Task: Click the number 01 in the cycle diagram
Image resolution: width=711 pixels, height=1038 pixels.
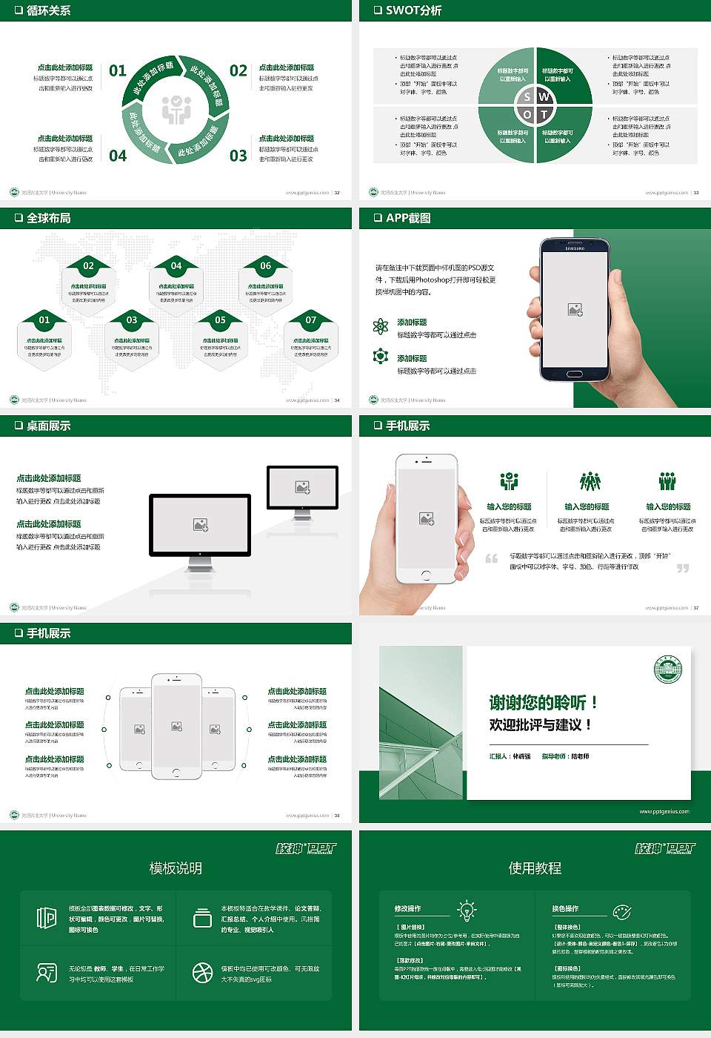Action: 118,71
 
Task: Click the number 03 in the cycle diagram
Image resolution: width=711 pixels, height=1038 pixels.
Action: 238,156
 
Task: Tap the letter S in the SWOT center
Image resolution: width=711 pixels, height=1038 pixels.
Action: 527,96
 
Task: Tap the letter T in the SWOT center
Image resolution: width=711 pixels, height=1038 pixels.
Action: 544,114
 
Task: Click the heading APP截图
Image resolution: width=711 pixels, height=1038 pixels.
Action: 407,218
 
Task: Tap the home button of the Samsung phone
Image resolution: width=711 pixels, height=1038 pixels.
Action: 575,374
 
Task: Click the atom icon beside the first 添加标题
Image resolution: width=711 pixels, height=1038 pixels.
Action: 381,326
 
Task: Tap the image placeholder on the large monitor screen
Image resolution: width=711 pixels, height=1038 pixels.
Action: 200,524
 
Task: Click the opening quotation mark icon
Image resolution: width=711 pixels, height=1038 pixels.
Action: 492,558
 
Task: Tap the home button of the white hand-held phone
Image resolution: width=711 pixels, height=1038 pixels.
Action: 426,575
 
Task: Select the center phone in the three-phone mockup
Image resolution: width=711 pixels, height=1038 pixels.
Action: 176,727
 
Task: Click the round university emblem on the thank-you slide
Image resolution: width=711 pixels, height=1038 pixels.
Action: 668,670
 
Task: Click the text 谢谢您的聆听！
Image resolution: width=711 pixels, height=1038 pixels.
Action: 543,702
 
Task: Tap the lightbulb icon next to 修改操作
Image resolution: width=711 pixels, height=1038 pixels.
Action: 467,910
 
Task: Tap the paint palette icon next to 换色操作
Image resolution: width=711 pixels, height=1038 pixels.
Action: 621,911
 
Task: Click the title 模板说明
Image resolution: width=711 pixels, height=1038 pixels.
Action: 176,868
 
